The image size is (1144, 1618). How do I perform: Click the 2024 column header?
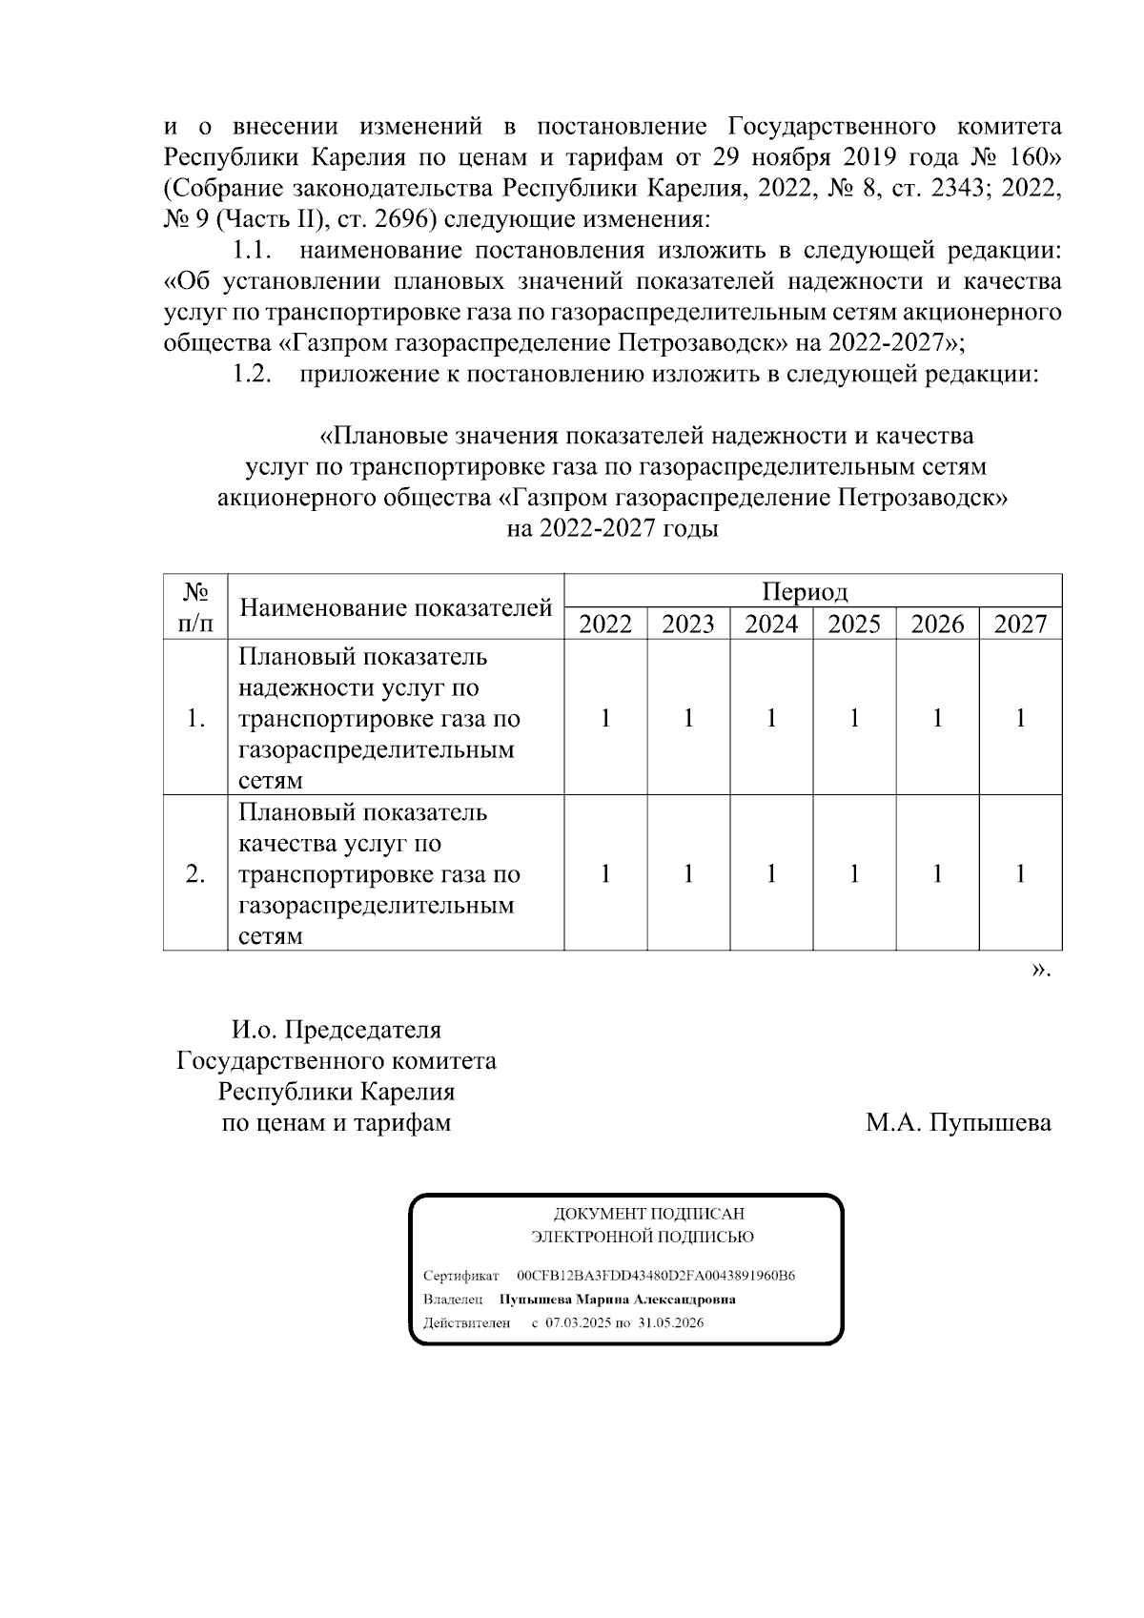(x=770, y=625)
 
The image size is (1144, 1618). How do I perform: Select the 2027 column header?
(x=1020, y=625)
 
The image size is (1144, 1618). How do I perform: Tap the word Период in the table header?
(x=805, y=592)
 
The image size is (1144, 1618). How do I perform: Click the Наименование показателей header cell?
(x=396, y=607)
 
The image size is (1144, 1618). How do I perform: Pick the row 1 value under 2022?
(x=605, y=718)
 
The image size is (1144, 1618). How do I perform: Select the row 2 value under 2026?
(x=937, y=873)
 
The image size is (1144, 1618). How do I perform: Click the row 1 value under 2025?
(x=854, y=718)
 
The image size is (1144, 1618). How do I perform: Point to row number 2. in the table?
(x=194, y=873)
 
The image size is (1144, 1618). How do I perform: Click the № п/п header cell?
(x=194, y=607)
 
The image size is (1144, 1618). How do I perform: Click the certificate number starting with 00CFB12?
(x=656, y=1276)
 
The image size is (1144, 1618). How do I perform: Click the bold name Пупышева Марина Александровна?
(x=617, y=1300)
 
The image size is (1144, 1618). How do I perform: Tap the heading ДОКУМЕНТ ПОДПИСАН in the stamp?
(x=649, y=1214)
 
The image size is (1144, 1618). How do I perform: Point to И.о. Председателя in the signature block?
(x=336, y=1031)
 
